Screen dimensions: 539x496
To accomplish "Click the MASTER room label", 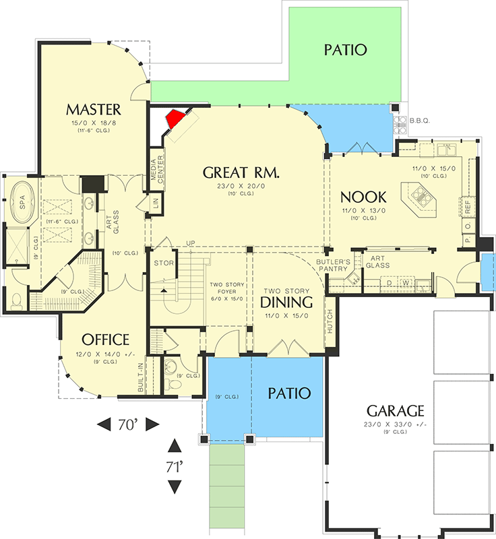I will (x=93, y=109).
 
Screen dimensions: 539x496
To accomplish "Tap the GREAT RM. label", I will (x=241, y=172).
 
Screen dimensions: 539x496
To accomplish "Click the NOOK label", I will (x=363, y=197).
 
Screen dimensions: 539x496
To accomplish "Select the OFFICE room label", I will (x=105, y=339).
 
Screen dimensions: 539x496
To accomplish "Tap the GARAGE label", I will (x=395, y=410).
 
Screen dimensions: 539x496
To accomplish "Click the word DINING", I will (x=286, y=302).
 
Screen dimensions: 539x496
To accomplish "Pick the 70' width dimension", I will (x=128, y=424).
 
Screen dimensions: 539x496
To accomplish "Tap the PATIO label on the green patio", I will (x=344, y=50).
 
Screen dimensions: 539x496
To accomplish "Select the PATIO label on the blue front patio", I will (x=288, y=392).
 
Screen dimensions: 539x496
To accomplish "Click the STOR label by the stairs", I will (x=164, y=263).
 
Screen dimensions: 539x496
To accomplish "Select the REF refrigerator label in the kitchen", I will (x=466, y=205).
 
